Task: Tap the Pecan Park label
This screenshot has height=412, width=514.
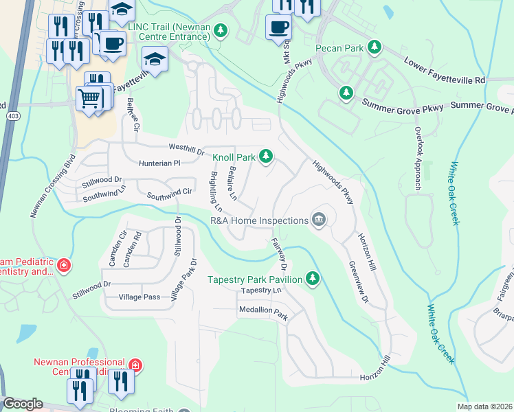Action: (x=339, y=48)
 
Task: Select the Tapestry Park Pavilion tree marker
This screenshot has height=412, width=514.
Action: (x=313, y=278)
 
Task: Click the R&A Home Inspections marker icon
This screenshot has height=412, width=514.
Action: (x=319, y=220)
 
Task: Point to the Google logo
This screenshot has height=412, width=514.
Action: (x=23, y=404)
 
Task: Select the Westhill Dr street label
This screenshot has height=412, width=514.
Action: (x=187, y=148)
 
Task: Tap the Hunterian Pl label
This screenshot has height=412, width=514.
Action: (x=159, y=163)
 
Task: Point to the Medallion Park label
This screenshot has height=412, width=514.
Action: (x=262, y=311)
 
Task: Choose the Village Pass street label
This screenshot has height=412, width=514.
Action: (x=139, y=297)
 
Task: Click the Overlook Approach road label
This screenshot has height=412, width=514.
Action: (x=416, y=157)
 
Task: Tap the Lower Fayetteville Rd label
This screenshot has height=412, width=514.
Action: (x=444, y=71)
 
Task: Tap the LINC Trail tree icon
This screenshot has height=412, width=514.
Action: (x=220, y=30)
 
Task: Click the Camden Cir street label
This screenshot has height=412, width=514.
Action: (x=124, y=244)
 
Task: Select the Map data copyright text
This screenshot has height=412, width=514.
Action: (x=485, y=407)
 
